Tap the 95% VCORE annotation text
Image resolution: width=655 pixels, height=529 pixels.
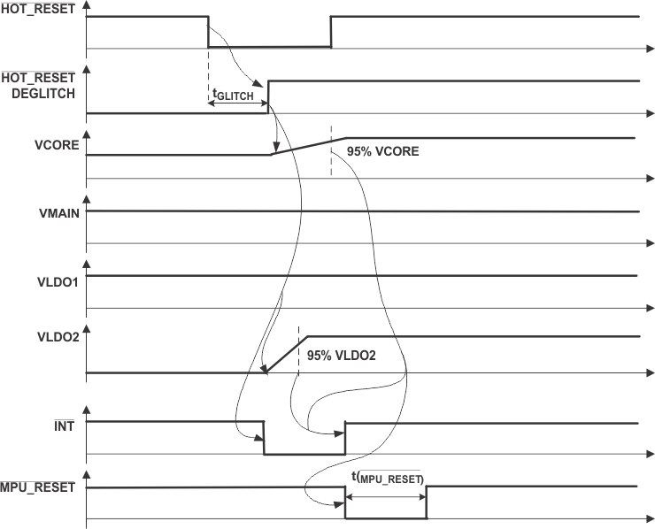point(383,151)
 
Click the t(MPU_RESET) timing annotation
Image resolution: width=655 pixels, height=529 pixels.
point(387,479)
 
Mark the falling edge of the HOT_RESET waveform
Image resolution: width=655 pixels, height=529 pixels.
point(208,32)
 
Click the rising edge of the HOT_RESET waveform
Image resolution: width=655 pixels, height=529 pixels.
point(330,32)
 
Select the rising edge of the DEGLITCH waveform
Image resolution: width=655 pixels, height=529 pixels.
point(268,96)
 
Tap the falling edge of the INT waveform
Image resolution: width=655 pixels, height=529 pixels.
point(264,438)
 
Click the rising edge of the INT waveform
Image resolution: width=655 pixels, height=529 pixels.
point(345,438)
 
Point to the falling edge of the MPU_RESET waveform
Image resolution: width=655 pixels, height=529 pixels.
point(345,502)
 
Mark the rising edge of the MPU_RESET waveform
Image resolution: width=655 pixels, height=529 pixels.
point(427,502)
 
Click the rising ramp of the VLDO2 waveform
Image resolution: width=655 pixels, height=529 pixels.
point(286,355)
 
